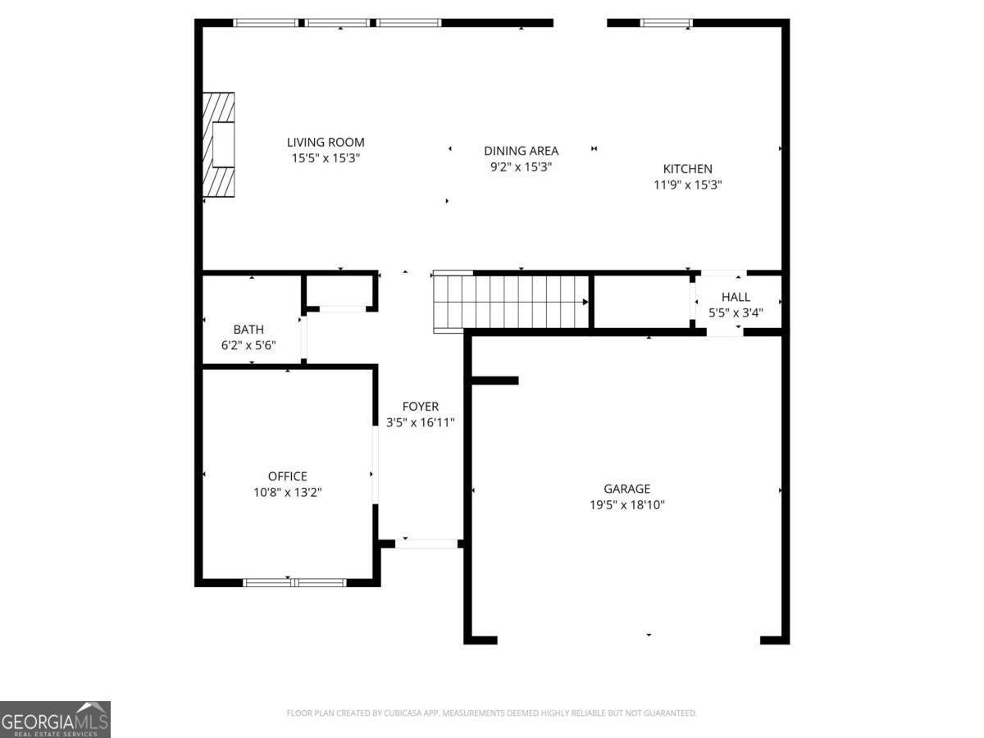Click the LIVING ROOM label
(326, 143)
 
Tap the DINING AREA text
(521, 151)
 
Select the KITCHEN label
(688, 169)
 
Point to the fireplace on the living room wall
(218, 145)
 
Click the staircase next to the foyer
(511, 302)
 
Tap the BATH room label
(248, 330)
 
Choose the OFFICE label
(287, 476)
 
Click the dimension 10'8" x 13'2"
(287, 493)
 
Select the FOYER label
(421, 407)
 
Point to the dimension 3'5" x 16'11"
(421, 422)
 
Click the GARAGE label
(626, 489)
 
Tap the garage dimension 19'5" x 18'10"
(626, 505)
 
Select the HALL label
(736, 297)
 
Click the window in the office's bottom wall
(294, 582)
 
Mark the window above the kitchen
(666, 23)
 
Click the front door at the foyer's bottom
(426, 544)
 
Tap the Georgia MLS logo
(55, 719)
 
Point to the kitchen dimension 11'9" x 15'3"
(688, 185)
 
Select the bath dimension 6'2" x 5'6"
(248, 345)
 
